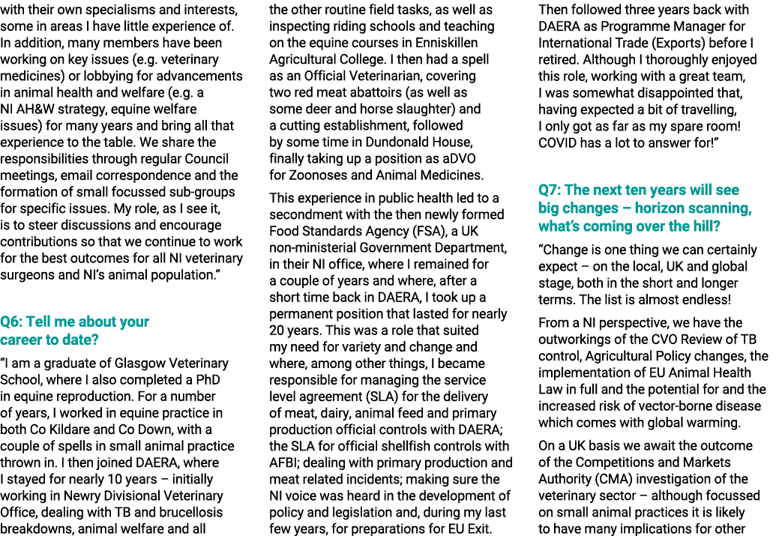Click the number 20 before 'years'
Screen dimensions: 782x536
coord(277,330)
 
